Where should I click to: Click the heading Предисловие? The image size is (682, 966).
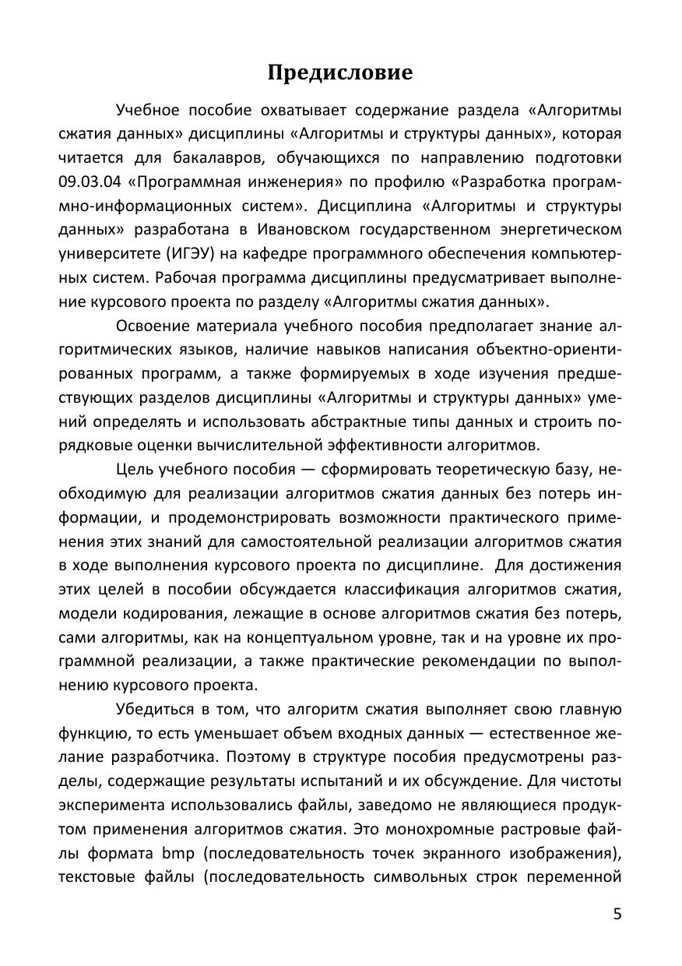click(340, 73)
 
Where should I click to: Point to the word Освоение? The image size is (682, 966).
click(153, 326)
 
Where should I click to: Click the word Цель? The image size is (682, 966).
click(133, 469)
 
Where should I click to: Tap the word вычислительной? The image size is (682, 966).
click(262, 446)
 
